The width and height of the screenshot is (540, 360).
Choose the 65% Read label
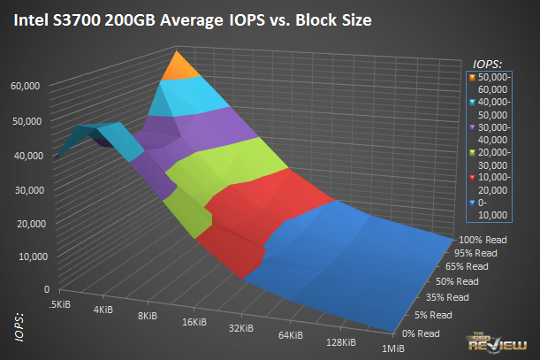(467, 266)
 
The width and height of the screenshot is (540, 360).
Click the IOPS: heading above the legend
(488, 63)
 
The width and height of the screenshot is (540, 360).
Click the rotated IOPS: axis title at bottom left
(19, 324)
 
